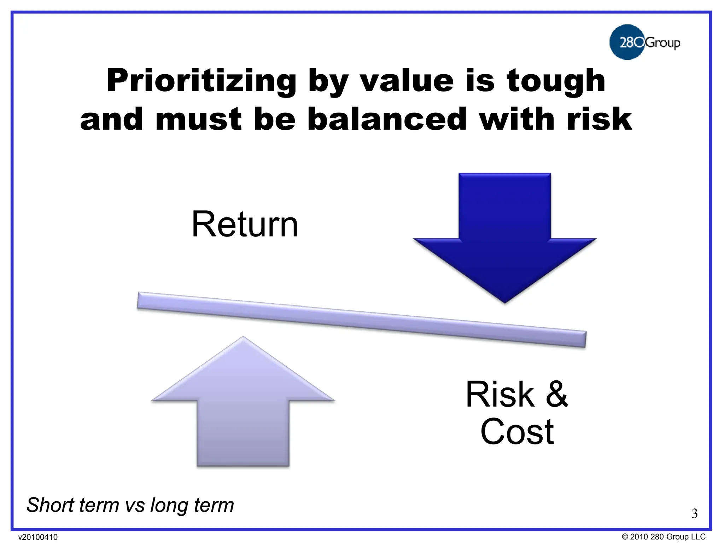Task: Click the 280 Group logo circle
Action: tap(627, 42)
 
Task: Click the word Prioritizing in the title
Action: tap(202, 81)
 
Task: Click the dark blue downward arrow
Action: tap(504, 233)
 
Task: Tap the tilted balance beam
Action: tap(361, 320)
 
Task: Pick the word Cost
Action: tap(517, 432)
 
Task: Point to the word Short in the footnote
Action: tap(49, 505)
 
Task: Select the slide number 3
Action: tap(694, 513)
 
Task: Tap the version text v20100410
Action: tap(38, 537)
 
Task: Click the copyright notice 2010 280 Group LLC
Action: tap(664, 537)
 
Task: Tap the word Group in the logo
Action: tap(662, 43)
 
